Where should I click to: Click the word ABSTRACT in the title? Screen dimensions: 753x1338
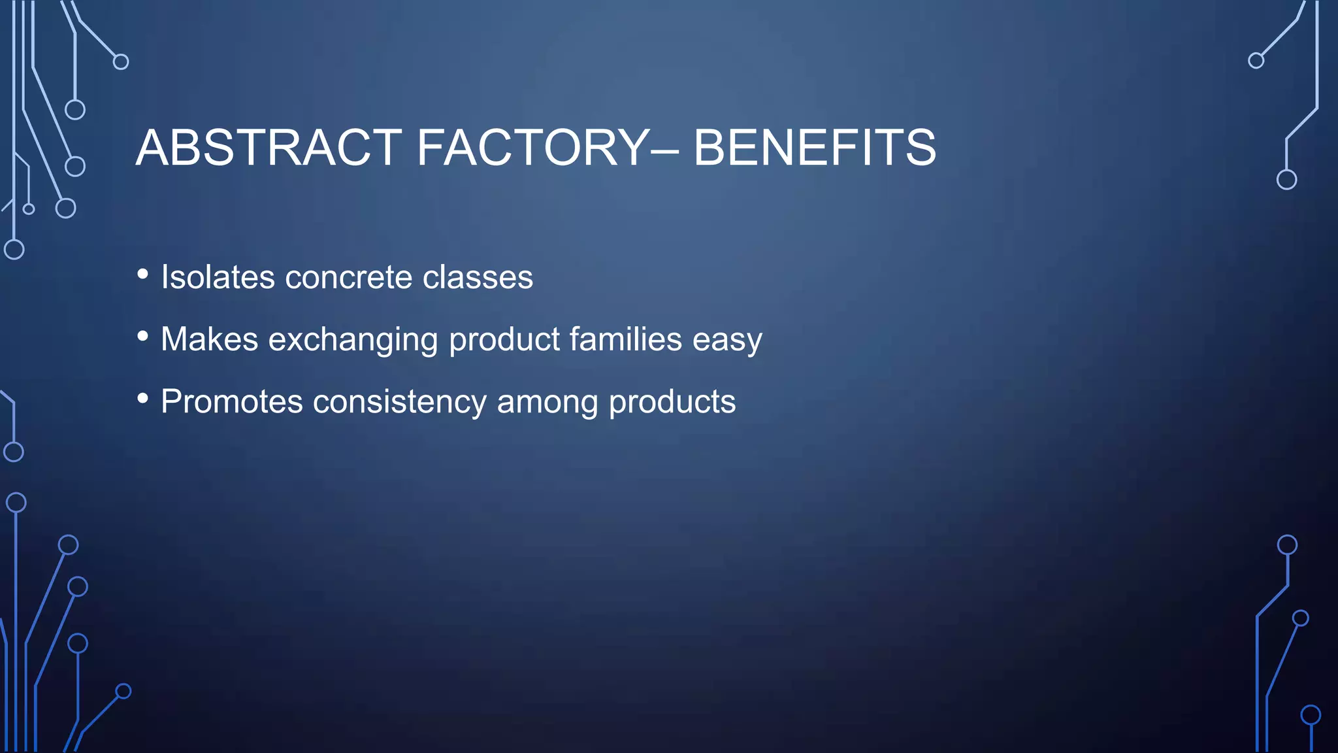tap(269, 148)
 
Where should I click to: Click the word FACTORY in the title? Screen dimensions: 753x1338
tap(532, 148)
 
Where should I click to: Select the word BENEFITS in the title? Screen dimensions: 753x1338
tap(814, 148)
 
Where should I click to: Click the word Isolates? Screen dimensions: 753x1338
tap(218, 277)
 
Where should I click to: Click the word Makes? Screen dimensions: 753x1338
tap(209, 339)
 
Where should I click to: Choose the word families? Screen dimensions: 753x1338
tap(625, 339)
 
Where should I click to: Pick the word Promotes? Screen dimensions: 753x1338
tap(231, 401)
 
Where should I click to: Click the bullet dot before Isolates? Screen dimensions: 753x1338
tap(143, 275)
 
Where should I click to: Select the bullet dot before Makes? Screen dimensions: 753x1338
tap(143, 337)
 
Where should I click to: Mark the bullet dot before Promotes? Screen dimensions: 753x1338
tap(143, 398)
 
